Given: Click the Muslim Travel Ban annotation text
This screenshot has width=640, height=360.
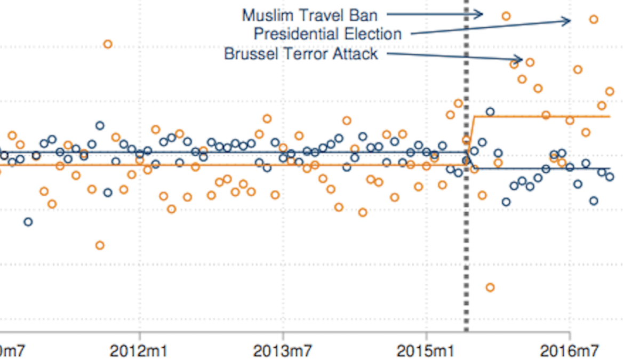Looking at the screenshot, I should click(309, 14).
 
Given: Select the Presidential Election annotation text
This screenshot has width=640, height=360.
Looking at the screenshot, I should click(327, 34).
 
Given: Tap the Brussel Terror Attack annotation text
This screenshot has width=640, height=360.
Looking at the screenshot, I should click(301, 54).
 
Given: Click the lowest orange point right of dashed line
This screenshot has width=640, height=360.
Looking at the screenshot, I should click(490, 287).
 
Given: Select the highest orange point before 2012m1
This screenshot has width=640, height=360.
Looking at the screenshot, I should click(108, 44).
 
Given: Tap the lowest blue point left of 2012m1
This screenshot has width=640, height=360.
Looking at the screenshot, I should click(28, 222).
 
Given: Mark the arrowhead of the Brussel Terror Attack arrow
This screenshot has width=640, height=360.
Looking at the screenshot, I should click(521, 59).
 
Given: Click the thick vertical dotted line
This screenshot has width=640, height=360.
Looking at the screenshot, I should click(466, 240).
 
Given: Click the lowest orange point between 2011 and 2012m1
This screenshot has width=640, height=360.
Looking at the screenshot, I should click(100, 245).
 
